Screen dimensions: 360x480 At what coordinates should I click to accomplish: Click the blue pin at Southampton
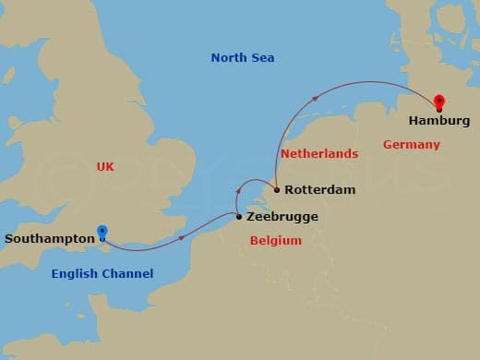[x=102, y=233]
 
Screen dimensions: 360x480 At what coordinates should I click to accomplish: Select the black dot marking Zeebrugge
[x=239, y=218]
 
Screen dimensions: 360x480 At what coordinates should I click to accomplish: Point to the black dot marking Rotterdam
[x=277, y=190]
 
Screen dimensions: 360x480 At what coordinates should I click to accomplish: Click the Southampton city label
[x=50, y=239]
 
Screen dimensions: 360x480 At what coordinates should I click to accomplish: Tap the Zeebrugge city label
[x=282, y=217]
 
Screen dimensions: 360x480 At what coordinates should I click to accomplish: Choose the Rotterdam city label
[x=319, y=190]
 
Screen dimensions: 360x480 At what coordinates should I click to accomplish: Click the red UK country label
[x=104, y=167]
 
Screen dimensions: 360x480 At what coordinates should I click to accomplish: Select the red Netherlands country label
[x=319, y=153]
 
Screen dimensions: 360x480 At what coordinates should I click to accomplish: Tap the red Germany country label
[x=412, y=145]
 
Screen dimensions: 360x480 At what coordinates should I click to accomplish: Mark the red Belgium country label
[x=276, y=241]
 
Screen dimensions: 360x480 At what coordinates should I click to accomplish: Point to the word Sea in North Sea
[x=263, y=58]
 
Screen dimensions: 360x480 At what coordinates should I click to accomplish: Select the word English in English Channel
[x=76, y=274]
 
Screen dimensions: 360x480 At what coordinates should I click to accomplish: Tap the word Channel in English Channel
[x=127, y=274]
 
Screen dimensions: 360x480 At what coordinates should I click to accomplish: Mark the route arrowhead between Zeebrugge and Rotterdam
[x=251, y=182]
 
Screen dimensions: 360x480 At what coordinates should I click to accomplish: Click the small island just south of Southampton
[x=103, y=247]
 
